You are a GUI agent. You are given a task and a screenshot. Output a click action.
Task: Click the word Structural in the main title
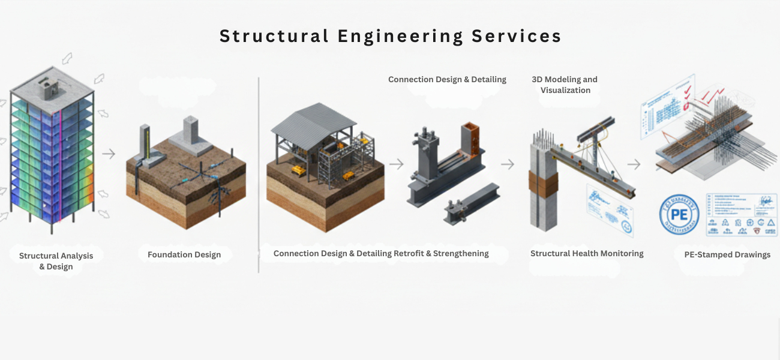[274, 36]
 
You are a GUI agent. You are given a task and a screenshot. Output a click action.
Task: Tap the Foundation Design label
[184, 255]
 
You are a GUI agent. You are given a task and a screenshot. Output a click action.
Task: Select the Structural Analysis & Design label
[56, 261]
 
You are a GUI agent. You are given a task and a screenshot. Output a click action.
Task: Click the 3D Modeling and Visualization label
[565, 85]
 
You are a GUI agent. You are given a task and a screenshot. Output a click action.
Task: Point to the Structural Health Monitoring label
[587, 254]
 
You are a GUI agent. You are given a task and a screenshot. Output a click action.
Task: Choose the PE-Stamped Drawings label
[727, 255]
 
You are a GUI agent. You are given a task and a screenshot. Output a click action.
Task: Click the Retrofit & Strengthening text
[441, 254]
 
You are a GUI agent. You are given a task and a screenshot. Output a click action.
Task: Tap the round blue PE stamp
[679, 214]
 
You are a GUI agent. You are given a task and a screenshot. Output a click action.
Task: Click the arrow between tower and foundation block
[109, 154]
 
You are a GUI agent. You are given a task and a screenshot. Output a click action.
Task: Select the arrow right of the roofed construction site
[396, 164]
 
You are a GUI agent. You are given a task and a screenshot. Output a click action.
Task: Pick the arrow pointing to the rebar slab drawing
[634, 164]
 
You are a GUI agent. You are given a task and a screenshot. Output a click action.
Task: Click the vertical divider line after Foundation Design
[259, 174]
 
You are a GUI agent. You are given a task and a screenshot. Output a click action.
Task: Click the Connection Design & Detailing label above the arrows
[447, 79]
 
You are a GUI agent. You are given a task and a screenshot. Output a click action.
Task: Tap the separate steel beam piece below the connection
[471, 202]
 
